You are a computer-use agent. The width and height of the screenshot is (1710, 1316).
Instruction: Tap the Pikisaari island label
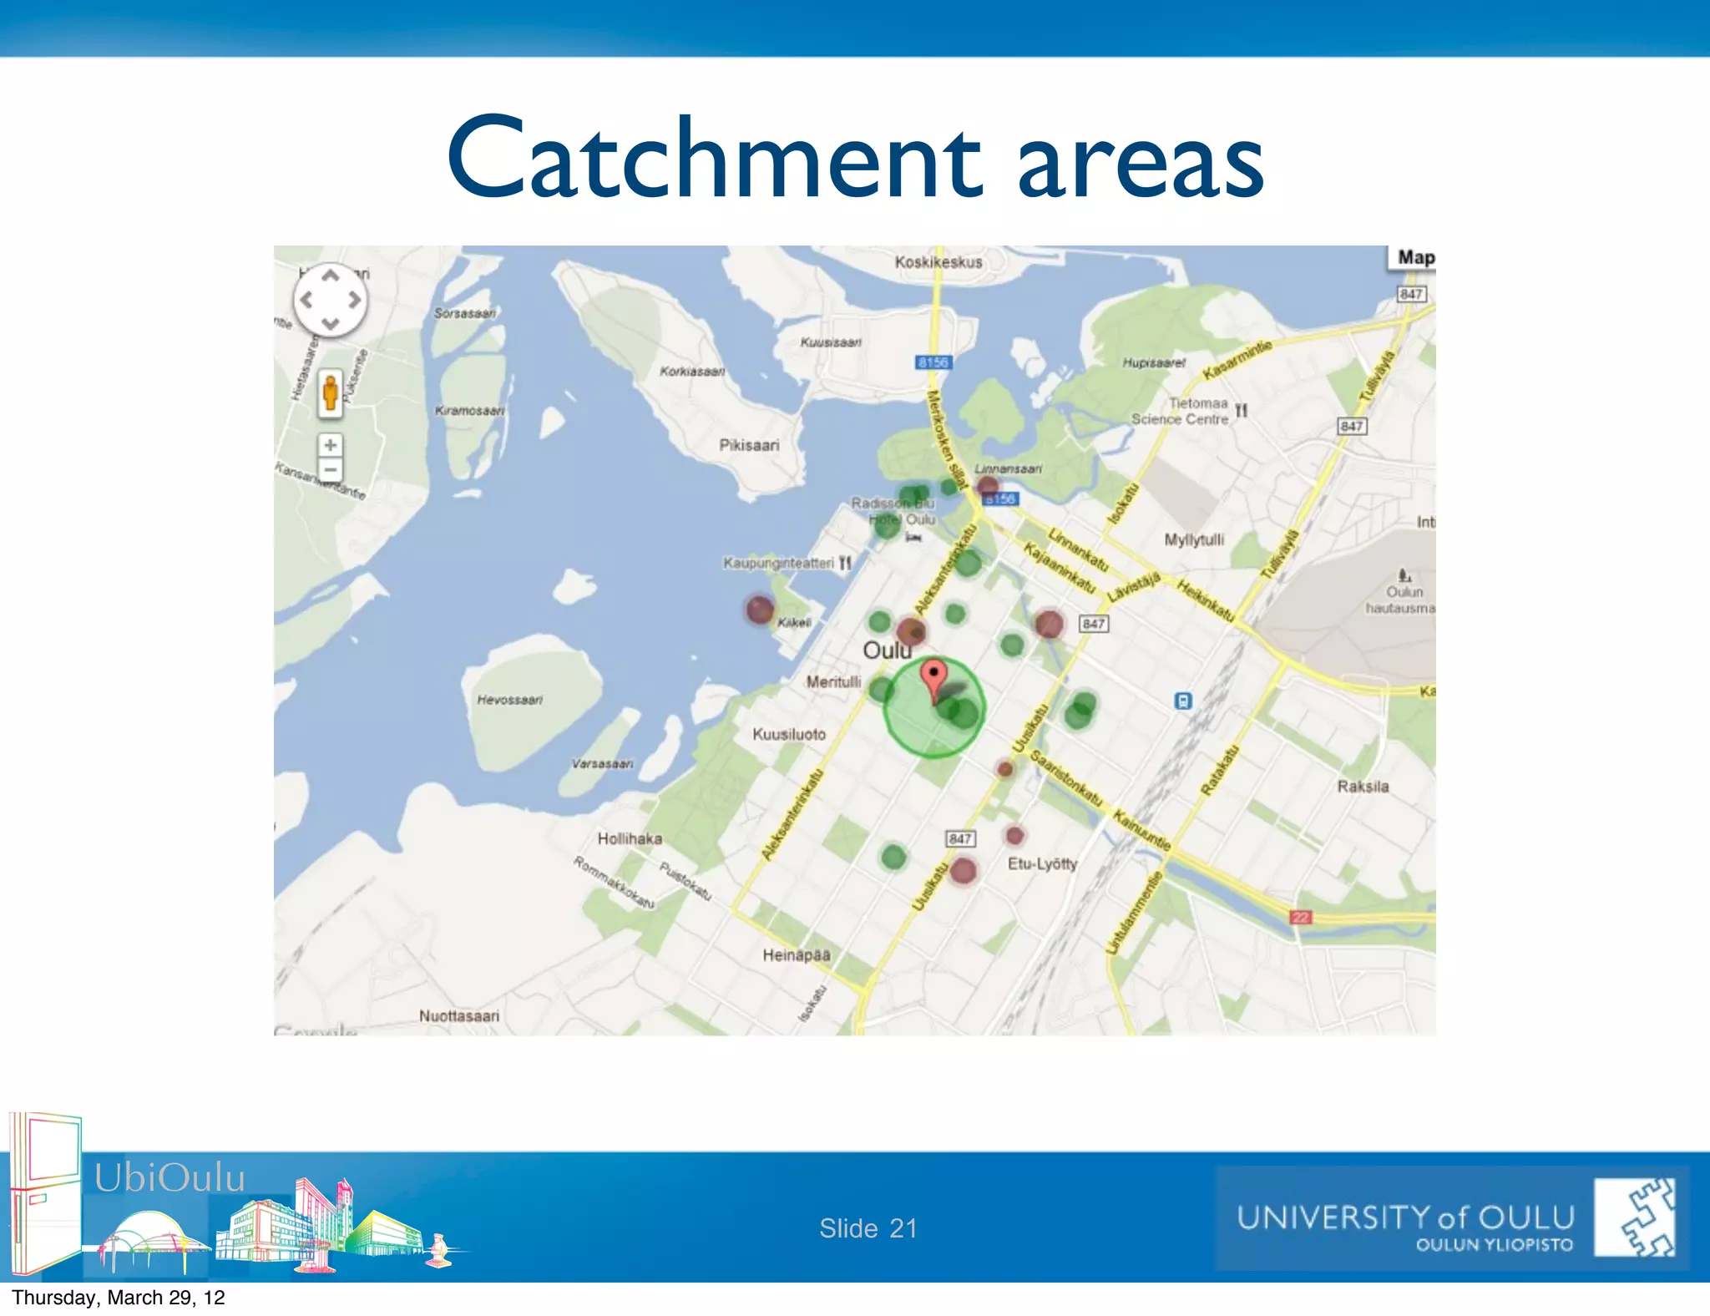coord(749,445)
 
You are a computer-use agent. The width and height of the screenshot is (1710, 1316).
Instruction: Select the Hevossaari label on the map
coord(509,700)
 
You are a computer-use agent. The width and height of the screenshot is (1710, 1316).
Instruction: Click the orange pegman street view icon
coord(331,392)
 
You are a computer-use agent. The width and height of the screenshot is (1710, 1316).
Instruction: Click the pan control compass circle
coord(331,300)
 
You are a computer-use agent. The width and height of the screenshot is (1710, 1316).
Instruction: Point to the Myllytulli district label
coord(1194,539)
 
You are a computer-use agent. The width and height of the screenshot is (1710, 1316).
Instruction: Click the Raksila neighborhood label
coord(1363,787)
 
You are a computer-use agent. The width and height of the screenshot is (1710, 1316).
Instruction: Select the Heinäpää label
coord(796,954)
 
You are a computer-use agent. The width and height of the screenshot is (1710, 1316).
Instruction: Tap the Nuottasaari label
coord(459,1015)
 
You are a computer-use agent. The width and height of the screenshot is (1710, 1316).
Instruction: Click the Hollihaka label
coord(630,838)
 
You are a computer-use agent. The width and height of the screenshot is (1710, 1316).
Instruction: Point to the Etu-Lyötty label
coord(1042,863)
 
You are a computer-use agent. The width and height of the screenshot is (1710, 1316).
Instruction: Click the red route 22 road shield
coord(1301,917)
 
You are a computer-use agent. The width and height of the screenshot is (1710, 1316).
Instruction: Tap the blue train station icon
coord(1183,701)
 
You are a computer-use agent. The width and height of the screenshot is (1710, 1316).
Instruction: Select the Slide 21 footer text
coord(868,1228)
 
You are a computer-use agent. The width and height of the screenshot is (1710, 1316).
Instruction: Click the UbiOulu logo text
coord(169,1177)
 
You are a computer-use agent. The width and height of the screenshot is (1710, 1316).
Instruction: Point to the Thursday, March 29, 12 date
coord(119,1298)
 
